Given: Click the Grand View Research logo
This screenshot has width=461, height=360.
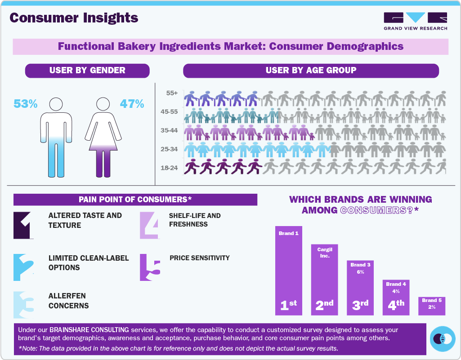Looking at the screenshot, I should tap(415, 21).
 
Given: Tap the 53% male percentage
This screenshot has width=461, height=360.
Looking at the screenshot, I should tap(25, 104).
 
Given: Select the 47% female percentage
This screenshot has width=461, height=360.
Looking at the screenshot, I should tap(132, 104).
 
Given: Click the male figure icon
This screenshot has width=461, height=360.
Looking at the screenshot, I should tap(56, 137).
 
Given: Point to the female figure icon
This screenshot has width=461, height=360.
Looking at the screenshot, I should tap(103, 137).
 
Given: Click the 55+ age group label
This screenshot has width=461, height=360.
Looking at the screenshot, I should tap(172, 93).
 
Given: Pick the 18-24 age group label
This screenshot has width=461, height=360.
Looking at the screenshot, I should tap(170, 168).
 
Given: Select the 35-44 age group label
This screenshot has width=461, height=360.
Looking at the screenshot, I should tap(170, 130).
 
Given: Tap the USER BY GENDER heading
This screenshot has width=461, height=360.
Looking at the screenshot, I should tap(87, 71).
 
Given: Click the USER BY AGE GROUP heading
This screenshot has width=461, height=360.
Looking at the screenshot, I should tap(311, 71).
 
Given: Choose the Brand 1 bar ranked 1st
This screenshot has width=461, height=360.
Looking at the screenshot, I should tap(288, 270).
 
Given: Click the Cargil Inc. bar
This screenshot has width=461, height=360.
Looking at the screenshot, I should tap(324, 279).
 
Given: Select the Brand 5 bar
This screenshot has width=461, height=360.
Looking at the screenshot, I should tap(432, 306).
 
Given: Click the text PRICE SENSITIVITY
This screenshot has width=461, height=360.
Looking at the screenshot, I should tap(199, 258).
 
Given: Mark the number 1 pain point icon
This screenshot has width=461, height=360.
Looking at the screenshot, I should tap(24, 225).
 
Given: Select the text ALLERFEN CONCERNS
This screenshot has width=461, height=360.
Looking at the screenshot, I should tap(69, 301).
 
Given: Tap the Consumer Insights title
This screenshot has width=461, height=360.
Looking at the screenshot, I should tap(74, 18).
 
